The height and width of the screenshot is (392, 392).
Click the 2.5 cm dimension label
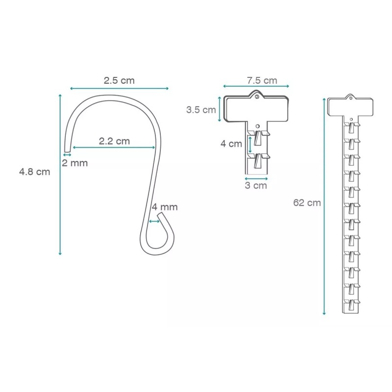pyautogui.click(x=119, y=80)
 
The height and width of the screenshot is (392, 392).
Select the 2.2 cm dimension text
pyautogui.click(x=114, y=141)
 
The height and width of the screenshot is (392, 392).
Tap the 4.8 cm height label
pyautogui.click(x=34, y=172)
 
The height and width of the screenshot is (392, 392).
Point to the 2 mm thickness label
pyautogui.click(x=74, y=163)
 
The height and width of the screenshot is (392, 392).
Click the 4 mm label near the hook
pyautogui.click(x=164, y=207)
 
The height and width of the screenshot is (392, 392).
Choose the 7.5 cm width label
pyautogui.click(x=262, y=80)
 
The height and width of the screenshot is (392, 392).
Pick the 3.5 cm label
pyautogui.click(x=200, y=110)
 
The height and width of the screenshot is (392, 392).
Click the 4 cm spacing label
pyautogui.click(x=231, y=144)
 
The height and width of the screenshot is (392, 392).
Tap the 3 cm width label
pyautogui.click(x=256, y=186)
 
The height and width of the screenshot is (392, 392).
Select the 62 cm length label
pyautogui.click(x=307, y=202)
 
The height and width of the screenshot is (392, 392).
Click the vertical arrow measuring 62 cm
pyautogui.click(x=324, y=206)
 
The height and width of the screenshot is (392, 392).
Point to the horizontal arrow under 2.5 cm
pyautogui.click(x=119, y=88)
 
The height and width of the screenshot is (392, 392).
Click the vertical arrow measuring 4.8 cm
pyautogui.click(x=60, y=174)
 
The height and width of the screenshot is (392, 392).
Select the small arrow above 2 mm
pyautogui.click(x=67, y=155)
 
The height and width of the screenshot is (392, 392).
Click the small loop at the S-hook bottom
pyautogui.click(x=158, y=235)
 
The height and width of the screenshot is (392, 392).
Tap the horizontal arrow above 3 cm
pyautogui.click(x=256, y=179)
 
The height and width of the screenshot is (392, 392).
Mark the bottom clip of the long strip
pyautogui.click(x=351, y=304)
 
